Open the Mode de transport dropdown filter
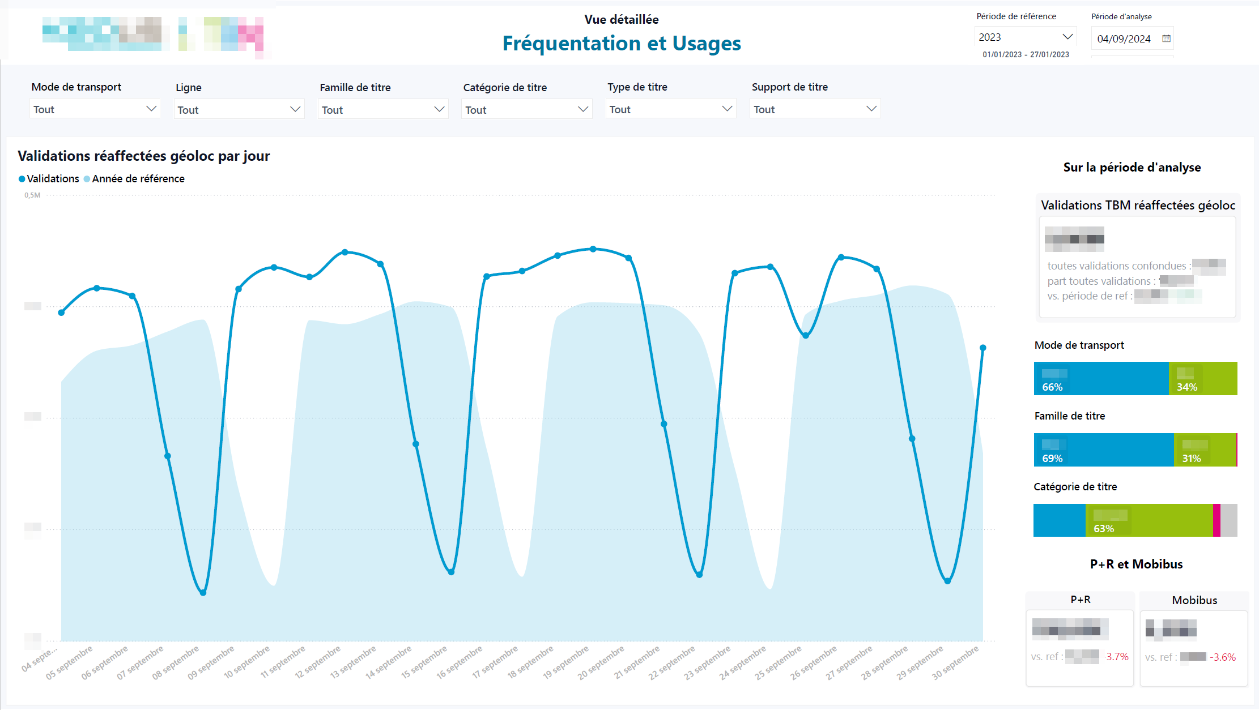95,109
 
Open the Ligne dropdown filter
239,109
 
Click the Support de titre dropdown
815,109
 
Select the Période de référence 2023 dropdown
1026,37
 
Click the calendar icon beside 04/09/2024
1166,39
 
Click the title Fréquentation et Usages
622,44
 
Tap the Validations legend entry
49,179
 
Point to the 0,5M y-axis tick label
32,195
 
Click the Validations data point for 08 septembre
203,593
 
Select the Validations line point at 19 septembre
593,249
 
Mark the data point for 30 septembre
983,348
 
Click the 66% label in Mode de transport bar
1052,387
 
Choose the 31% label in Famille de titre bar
1191,459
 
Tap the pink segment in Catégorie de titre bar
1217,520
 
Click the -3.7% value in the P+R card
1116,657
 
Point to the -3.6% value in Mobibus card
1223,657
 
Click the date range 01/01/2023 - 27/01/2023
1026,55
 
